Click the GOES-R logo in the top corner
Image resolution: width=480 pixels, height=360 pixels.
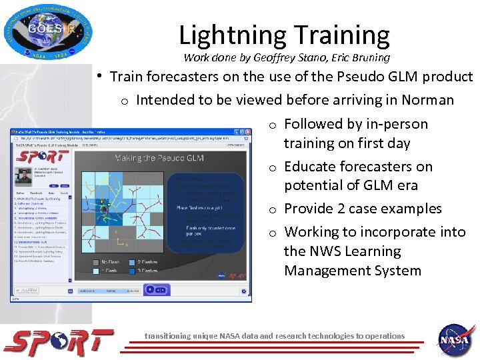[x=48, y=30]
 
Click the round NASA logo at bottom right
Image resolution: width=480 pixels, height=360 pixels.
[x=455, y=342]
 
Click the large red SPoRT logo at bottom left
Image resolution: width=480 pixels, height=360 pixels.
[x=59, y=342]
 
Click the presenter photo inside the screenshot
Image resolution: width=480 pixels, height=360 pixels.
[x=24, y=176]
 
